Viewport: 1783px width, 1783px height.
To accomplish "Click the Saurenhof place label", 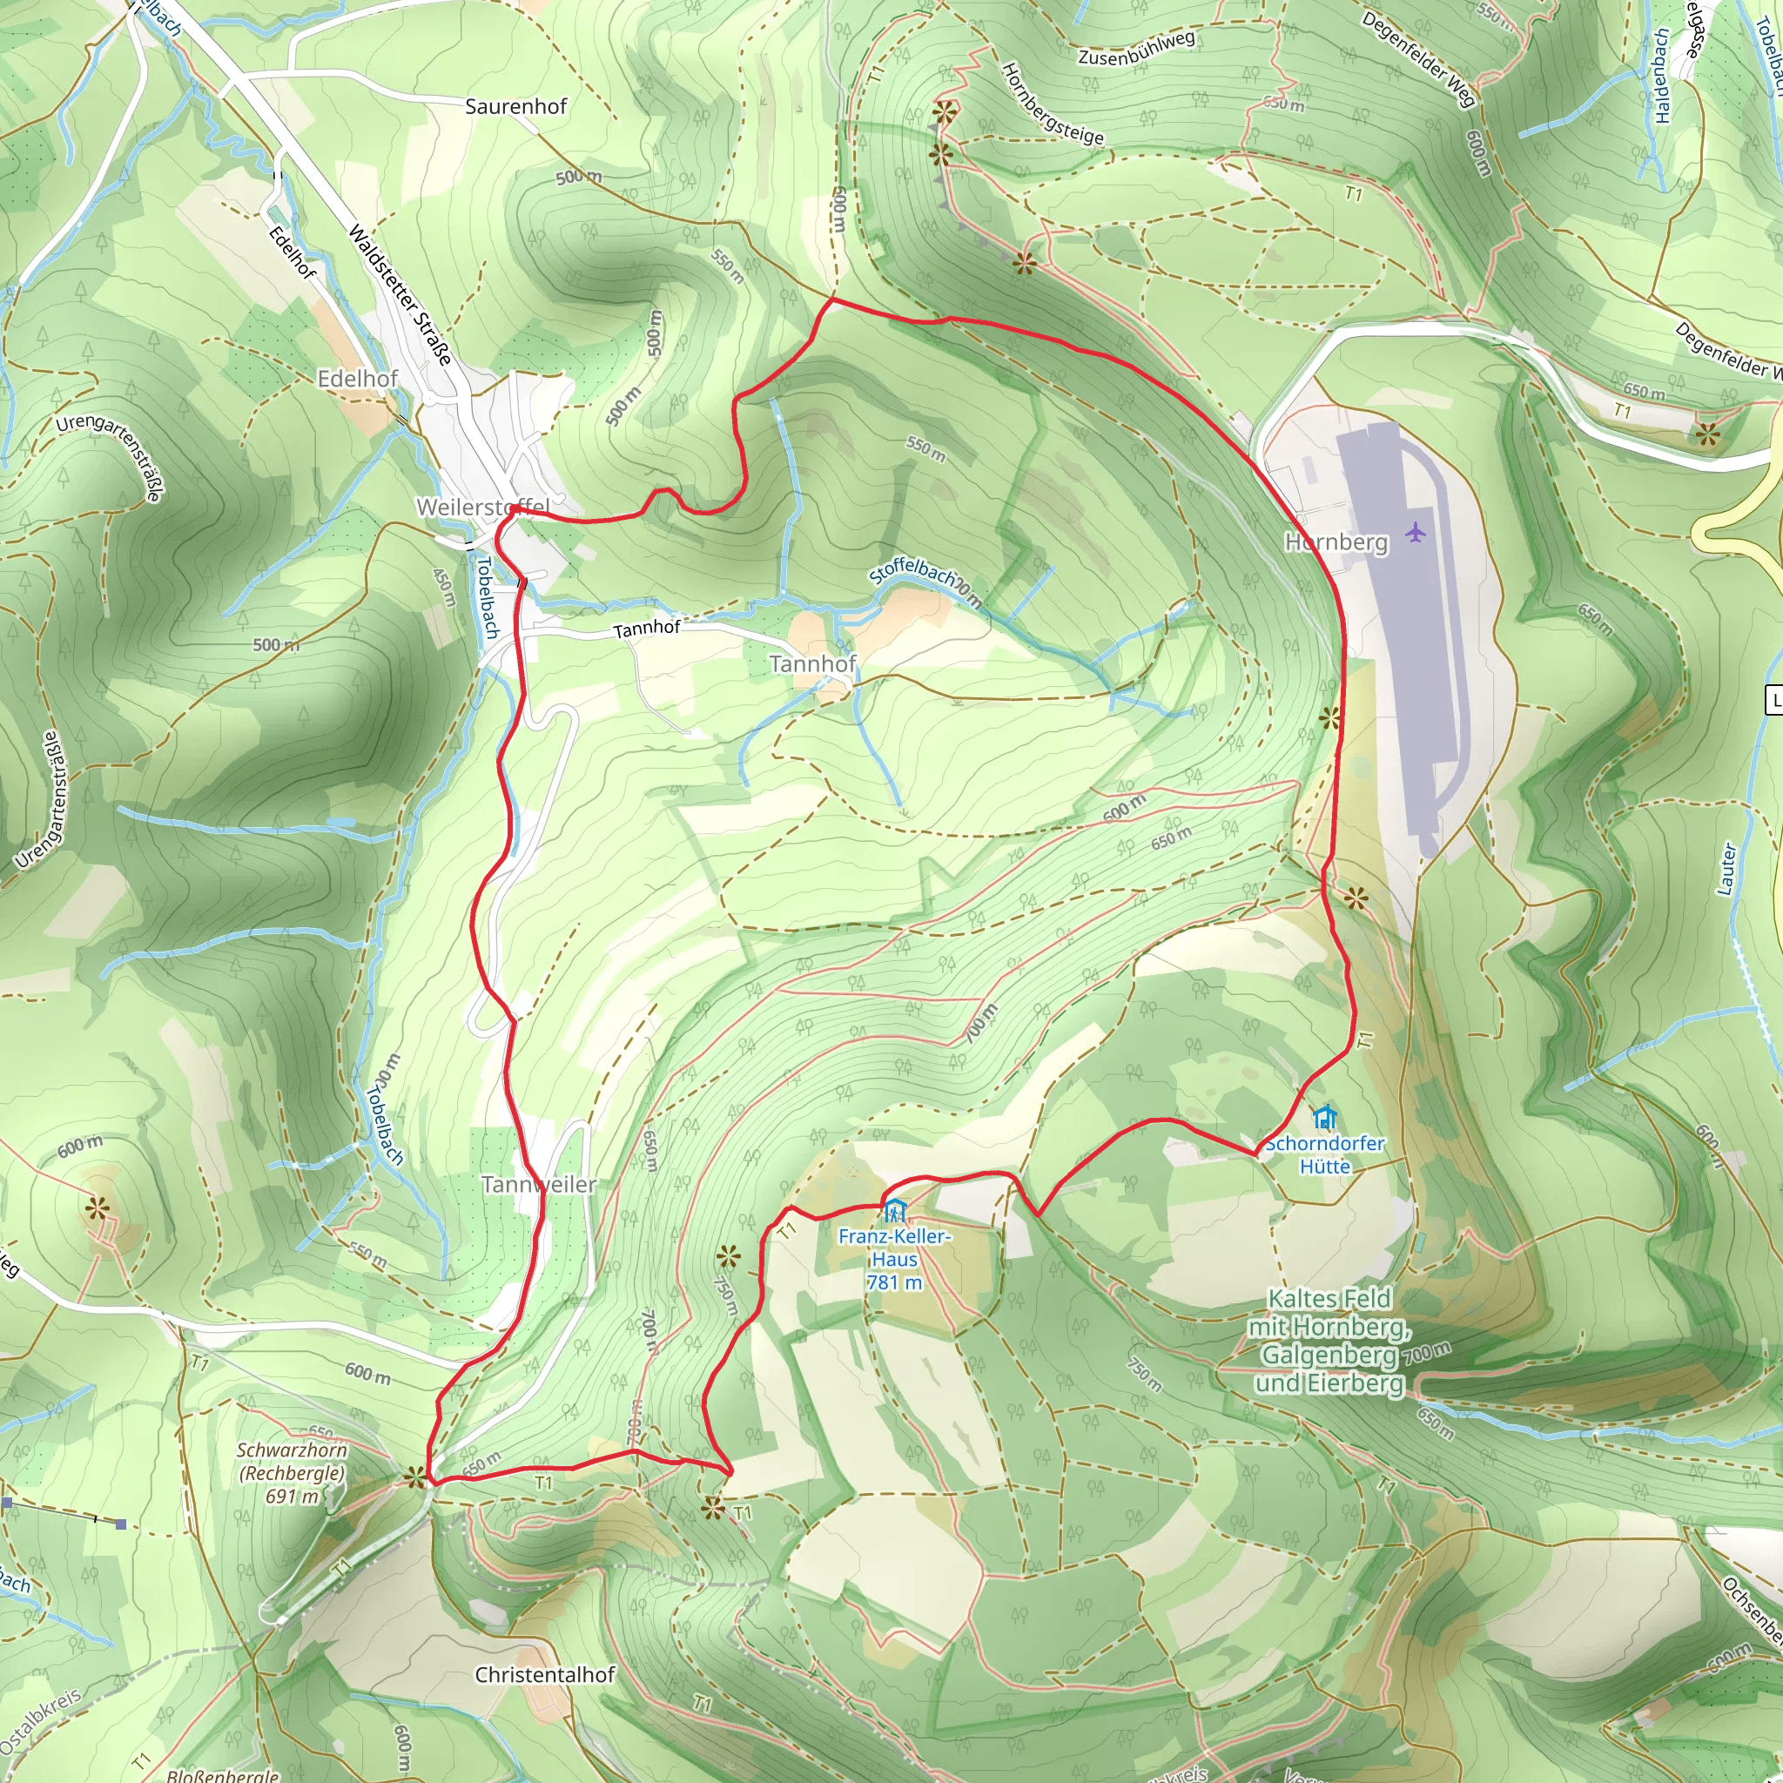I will pos(515,106).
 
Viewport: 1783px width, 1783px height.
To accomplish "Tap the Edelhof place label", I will pos(357,379).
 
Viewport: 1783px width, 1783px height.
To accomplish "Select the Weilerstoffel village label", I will pos(482,507).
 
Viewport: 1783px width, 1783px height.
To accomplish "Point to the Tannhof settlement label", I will pos(812,663).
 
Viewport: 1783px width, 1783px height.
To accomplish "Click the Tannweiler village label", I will pos(538,1183).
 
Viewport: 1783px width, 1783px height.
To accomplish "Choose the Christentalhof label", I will pos(544,1674).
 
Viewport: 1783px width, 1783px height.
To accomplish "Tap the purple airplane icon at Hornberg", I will pos(1415,532).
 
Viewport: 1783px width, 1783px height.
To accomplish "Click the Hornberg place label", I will pos(1336,542).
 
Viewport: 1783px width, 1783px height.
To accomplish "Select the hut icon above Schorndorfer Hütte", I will pos(1325,1117).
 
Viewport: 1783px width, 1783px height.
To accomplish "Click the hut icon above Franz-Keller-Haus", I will pos(894,1210).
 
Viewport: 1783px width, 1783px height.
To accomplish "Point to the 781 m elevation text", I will pos(893,1282).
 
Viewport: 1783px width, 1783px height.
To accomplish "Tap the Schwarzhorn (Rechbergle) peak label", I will pos(292,1473).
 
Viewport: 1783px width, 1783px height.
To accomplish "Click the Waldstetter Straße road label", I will pos(399,294).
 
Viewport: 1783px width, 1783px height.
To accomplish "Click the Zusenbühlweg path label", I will pos(1136,47).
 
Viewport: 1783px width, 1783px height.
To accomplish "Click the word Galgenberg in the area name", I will pos(1329,1354).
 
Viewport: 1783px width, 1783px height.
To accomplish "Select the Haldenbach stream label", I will pos(1661,75).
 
